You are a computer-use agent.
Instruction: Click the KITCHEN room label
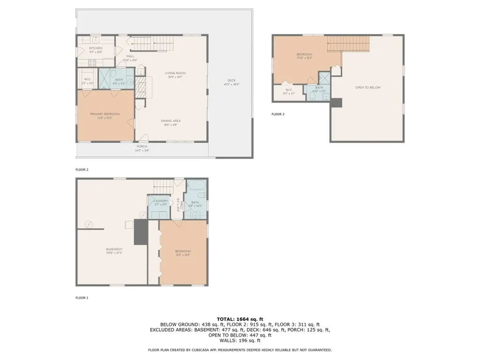pos(96,48)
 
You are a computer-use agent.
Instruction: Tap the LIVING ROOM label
pos(175,73)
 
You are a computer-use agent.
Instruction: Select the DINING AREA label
pos(172,121)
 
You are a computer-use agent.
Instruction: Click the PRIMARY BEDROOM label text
pos(105,114)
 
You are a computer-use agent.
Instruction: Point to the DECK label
pos(231,80)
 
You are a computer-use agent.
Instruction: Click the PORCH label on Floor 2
pos(142,146)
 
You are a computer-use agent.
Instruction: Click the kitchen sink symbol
pos(95,39)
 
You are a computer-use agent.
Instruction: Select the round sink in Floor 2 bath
pos(130,82)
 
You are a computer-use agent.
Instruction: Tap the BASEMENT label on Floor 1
pos(114,249)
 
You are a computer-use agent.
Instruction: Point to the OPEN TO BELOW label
pos(367,88)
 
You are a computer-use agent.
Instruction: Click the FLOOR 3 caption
pos(278,114)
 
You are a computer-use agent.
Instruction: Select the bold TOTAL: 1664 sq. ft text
pos(240,318)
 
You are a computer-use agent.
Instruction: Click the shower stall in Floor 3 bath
pos(324,77)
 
